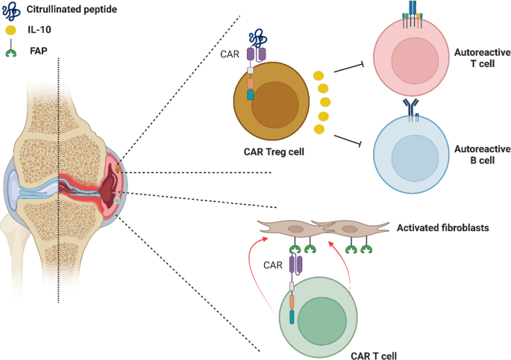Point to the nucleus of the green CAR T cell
319,319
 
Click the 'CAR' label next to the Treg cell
229,53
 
